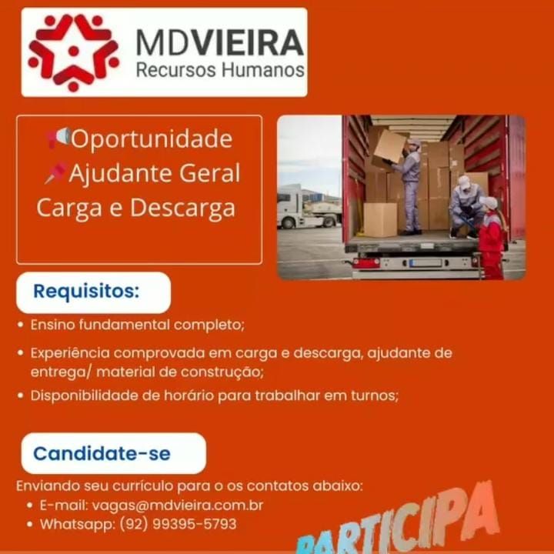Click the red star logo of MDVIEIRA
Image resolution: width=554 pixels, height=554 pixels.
pyautogui.click(x=74, y=52)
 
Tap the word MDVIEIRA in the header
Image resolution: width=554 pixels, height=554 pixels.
pyautogui.click(x=220, y=43)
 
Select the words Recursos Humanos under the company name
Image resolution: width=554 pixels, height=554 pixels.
pyautogui.click(x=220, y=69)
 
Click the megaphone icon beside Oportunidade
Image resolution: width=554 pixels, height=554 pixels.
pyautogui.click(x=58, y=138)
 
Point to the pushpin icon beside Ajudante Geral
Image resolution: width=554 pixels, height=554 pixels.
pyautogui.click(x=56, y=173)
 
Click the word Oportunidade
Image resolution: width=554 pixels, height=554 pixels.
pyautogui.click(x=152, y=139)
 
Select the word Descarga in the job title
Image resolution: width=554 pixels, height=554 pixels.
pyautogui.click(x=182, y=208)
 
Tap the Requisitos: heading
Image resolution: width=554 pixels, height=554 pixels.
pyautogui.click(x=86, y=292)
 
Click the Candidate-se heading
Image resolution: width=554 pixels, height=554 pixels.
pyautogui.click(x=102, y=454)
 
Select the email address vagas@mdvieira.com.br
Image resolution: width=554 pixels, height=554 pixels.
pyautogui.click(x=178, y=506)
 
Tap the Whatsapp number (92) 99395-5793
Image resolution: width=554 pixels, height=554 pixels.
pyautogui.click(x=178, y=524)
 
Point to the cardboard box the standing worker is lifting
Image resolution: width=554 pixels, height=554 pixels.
pyautogui.click(x=390, y=147)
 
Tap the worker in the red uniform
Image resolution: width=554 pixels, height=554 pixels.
pyautogui.click(x=492, y=238)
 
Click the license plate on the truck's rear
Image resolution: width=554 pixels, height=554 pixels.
pyautogui.click(x=426, y=263)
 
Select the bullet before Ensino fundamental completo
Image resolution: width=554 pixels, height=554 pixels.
pyautogui.click(x=21, y=325)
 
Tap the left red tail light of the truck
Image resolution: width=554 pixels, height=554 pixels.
pyautogui.click(x=362, y=263)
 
